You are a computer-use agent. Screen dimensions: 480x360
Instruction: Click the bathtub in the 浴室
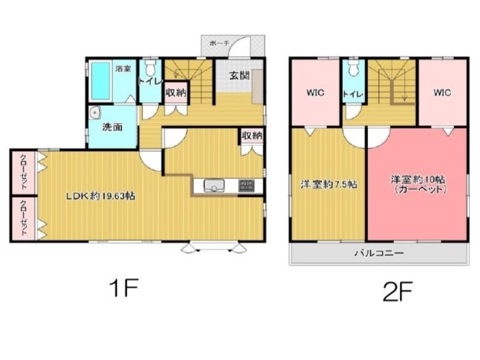(101, 81)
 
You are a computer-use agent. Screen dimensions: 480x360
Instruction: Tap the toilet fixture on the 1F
(150, 68)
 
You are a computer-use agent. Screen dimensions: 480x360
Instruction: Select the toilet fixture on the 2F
(354, 68)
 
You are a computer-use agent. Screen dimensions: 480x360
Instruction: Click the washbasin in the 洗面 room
(95, 113)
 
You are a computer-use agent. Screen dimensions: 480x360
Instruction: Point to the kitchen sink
(214, 185)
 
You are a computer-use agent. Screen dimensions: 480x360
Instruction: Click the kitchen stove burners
(246, 185)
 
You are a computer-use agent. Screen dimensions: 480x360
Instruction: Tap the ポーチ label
(219, 43)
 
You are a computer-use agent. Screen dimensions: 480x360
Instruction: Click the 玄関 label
(239, 75)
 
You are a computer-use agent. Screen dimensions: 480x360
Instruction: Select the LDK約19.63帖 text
(101, 196)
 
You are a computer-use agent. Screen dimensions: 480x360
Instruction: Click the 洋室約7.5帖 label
(328, 184)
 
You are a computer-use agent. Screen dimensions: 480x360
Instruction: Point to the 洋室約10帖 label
(418, 180)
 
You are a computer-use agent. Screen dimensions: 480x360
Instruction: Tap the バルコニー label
(379, 253)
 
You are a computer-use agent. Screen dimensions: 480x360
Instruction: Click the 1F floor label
(124, 287)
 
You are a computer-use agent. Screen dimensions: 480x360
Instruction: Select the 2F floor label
(397, 291)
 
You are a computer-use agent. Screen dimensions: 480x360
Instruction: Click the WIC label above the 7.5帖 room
(315, 93)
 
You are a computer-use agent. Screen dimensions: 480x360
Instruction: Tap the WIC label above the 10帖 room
(442, 93)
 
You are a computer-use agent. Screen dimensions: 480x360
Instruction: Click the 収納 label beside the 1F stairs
(176, 93)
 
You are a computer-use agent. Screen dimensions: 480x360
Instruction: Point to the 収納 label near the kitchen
(252, 136)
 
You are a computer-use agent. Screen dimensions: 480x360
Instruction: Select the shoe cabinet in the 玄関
(258, 87)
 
